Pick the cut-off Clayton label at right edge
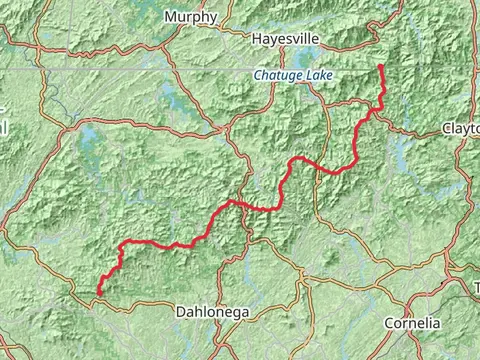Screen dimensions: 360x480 point(461,129)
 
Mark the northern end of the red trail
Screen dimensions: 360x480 point(381,66)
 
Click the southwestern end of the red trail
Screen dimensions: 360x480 point(98,293)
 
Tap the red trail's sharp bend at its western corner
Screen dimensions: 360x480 point(121,244)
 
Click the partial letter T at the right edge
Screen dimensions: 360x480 point(476,288)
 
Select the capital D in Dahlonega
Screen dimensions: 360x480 point(181,312)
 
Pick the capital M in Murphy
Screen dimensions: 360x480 point(171,17)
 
